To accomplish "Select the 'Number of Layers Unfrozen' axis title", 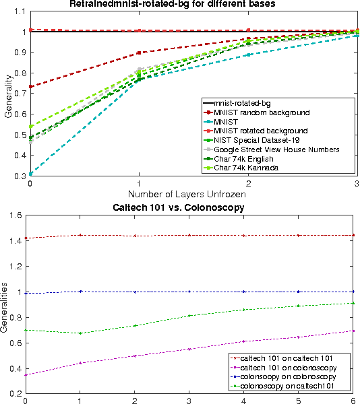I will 193,193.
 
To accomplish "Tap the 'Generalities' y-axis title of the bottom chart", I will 5,304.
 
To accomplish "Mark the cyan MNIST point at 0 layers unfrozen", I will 30,174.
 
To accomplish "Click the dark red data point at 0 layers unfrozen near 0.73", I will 30,86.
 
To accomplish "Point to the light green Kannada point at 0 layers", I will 30,126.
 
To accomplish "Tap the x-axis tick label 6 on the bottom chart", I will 353,399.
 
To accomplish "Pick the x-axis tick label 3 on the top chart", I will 356,182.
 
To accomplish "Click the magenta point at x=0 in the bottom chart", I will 26,374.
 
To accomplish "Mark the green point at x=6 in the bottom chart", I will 353,303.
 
